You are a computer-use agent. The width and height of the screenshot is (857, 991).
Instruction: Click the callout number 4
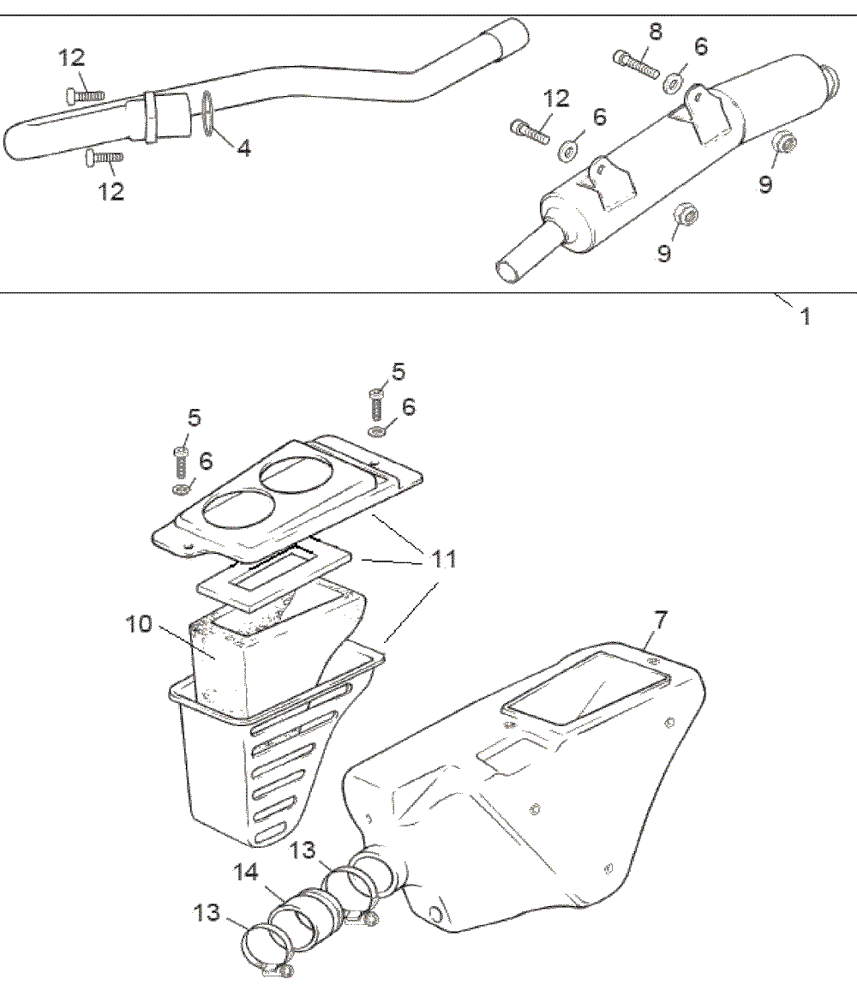pos(244,148)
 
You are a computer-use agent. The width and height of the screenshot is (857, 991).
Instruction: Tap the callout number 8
pos(656,33)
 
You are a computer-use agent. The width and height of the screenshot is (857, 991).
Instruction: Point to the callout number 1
pos(805,316)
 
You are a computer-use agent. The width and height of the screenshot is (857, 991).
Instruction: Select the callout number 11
pos(443,561)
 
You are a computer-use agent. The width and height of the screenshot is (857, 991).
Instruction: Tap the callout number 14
pos(246,874)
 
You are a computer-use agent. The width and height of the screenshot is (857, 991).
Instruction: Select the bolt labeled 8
pos(636,63)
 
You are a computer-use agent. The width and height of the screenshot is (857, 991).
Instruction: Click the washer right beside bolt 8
pos(673,82)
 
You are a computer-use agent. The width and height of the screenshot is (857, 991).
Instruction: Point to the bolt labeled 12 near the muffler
pos(530,132)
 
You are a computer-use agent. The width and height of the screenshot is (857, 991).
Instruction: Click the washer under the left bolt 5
pos(181,489)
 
